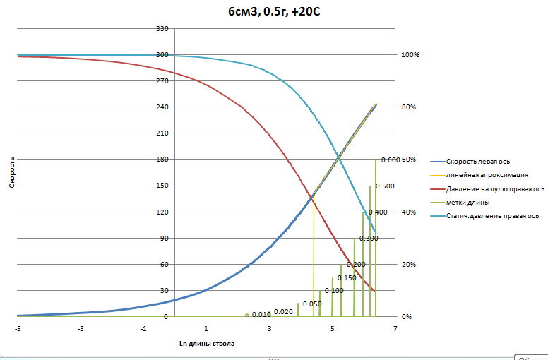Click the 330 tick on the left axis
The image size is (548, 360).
(x=162, y=29)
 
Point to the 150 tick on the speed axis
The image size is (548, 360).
(x=162, y=186)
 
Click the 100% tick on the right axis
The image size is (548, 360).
(x=410, y=55)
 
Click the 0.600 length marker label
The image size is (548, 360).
(x=390, y=160)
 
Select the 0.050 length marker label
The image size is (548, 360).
(x=312, y=304)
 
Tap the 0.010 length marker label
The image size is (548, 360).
(x=261, y=315)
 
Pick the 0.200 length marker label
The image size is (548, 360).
(x=356, y=265)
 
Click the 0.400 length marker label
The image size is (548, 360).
(x=378, y=212)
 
